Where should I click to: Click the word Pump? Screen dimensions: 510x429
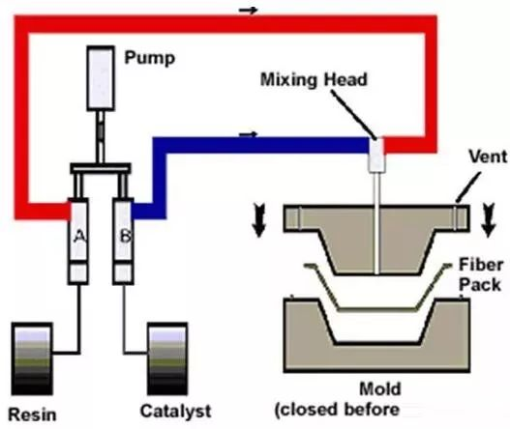click(150, 58)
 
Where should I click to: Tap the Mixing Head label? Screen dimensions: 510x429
click(314, 79)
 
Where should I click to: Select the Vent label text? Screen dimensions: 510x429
click(488, 157)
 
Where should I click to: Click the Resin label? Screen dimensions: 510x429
click(32, 415)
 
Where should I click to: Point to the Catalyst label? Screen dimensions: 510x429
click(175, 411)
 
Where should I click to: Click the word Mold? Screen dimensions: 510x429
click(380, 388)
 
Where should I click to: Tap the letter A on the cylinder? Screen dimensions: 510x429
click(79, 236)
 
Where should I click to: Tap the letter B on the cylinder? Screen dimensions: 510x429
click(125, 236)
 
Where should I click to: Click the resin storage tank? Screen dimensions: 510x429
click(32, 358)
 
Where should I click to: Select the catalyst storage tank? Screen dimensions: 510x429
click(167, 358)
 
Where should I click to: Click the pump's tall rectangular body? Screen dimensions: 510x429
click(101, 78)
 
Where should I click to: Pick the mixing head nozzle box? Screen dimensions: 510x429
click(376, 155)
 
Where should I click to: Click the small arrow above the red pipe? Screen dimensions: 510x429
click(248, 11)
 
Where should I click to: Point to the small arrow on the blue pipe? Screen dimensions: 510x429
click(248, 133)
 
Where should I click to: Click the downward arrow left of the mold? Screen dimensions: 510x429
click(259, 220)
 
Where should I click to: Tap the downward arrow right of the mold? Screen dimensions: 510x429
click(488, 219)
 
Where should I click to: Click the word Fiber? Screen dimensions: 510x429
click(481, 265)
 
